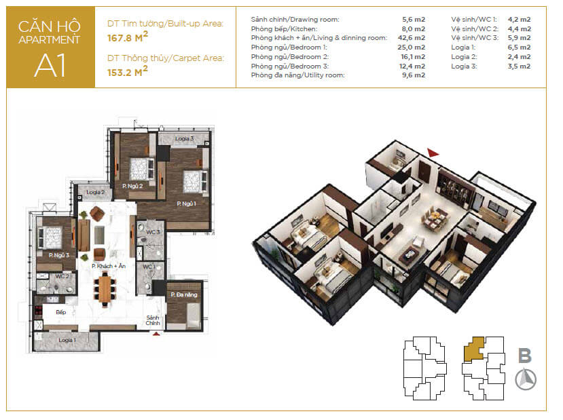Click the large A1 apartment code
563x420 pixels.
click(50, 65)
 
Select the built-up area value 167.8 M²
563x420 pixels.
click(128, 37)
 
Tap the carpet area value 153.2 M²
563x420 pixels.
click(128, 71)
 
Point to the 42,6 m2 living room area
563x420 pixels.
click(411, 38)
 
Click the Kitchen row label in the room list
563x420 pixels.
click(284, 28)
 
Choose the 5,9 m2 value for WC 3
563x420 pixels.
click(519, 38)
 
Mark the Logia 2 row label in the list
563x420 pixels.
click(465, 57)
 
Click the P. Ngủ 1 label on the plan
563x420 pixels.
click(186, 204)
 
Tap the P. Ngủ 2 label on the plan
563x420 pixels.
click(132, 186)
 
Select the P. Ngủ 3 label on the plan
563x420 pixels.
click(59, 255)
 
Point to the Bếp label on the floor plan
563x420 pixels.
click(61, 312)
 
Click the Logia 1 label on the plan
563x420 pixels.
click(67, 340)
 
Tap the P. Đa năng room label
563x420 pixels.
click(184, 294)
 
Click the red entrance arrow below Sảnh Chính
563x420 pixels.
click(156, 334)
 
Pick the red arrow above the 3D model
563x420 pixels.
click(433, 153)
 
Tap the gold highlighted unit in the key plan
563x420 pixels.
click(474, 349)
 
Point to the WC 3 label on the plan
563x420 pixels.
click(153, 232)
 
